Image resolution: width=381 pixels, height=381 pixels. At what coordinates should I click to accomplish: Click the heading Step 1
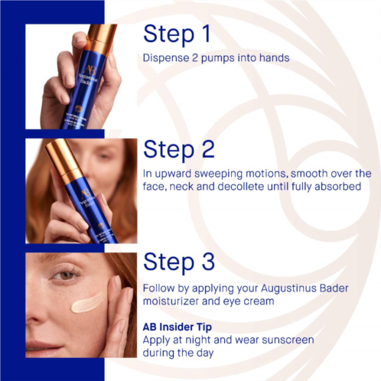tap(177, 34)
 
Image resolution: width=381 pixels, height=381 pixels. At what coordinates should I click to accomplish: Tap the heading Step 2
tap(179, 149)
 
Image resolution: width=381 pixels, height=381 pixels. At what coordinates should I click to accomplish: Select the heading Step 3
tap(179, 262)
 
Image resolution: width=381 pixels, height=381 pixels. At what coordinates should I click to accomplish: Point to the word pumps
tap(218, 58)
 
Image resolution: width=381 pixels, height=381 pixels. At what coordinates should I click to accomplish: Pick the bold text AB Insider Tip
tap(177, 327)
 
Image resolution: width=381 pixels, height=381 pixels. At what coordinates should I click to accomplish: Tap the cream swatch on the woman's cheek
tap(87, 303)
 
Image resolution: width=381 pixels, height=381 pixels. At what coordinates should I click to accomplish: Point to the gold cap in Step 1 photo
tap(102, 38)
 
